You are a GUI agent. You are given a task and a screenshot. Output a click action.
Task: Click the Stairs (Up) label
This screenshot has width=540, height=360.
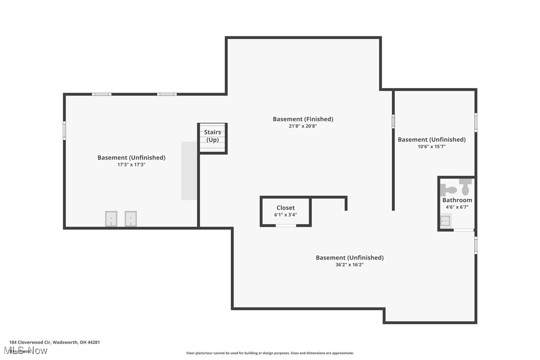click(x=212, y=136)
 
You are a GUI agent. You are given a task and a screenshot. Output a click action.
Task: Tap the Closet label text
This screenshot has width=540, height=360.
click(x=285, y=208)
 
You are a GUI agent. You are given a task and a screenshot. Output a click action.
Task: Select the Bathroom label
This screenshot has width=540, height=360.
click(x=457, y=200)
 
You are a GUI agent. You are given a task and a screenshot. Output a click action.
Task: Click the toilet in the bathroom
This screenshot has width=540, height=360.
click(x=450, y=189)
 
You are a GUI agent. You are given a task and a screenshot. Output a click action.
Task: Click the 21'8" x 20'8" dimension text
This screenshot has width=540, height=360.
click(x=302, y=126)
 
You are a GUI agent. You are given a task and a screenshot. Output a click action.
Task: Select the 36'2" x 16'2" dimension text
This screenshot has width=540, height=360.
click(x=350, y=265)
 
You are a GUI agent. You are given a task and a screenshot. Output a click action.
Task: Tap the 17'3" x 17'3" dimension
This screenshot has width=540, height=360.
click(x=131, y=165)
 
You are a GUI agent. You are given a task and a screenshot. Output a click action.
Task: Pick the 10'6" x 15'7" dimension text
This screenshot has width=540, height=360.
click(x=432, y=147)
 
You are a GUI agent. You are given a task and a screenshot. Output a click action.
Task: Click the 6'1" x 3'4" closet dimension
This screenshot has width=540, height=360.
click(x=285, y=215)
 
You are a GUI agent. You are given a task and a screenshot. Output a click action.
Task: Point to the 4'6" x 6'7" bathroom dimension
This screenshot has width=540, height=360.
click(x=457, y=207)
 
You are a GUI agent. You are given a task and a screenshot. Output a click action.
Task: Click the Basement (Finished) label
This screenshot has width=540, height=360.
click(x=303, y=119)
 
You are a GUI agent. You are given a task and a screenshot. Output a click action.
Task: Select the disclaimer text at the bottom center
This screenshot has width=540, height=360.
click(x=270, y=353)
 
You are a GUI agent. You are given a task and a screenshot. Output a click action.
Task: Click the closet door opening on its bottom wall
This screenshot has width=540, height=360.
click(x=286, y=226)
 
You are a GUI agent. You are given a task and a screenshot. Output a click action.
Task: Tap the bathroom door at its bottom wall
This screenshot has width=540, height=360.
click(x=463, y=230)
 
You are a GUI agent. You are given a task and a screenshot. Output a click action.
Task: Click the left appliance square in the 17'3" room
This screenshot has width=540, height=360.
click(x=111, y=218)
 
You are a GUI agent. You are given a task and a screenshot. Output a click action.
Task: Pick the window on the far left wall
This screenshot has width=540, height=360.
click(x=64, y=130)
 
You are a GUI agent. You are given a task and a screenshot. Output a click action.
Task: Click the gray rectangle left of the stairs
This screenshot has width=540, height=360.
click(x=189, y=171)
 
